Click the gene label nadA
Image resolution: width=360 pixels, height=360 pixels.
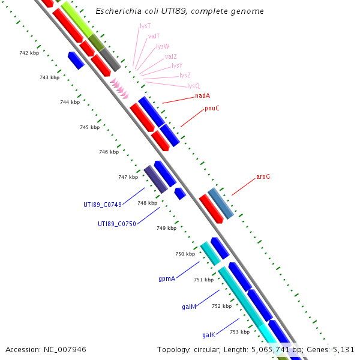(202, 95)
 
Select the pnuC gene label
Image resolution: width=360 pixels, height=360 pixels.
(212, 108)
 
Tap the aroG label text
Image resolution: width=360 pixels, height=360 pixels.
(263, 177)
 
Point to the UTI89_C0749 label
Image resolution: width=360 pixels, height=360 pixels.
(103, 205)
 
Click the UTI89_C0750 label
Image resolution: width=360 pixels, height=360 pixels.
(117, 224)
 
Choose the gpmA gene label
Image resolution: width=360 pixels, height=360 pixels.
(167, 279)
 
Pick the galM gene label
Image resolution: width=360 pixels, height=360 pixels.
(189, 307)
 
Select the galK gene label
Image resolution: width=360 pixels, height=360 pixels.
(208, 335)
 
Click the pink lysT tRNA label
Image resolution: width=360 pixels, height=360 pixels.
(145, 26)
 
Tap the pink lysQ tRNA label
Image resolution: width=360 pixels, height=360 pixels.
(193, 86)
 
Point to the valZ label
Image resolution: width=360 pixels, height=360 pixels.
(170, 56)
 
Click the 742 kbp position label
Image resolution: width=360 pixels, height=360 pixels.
(29, 53)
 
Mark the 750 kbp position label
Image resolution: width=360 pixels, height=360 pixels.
(185, 254)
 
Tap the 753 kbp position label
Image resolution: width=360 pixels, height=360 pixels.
(239, 332)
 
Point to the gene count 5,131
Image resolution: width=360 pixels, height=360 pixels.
(342, 349)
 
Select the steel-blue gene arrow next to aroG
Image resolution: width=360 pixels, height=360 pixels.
(220, 203)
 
